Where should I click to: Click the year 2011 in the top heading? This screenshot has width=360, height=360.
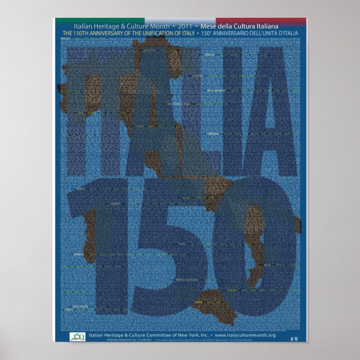tap(192, 26)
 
